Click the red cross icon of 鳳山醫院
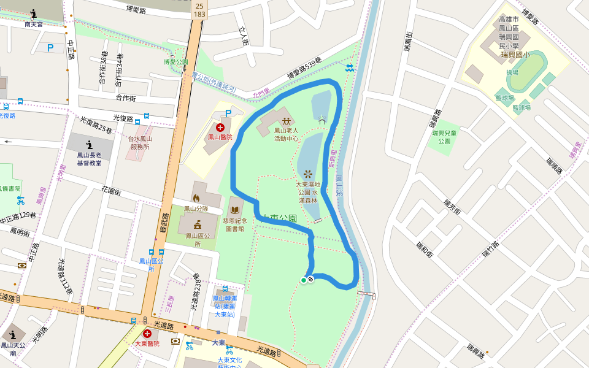220,128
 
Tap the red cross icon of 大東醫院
147,334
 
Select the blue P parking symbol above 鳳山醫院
228,113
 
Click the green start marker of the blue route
303,280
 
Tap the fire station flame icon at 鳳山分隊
196,198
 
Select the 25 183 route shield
199,9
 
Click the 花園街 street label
110,192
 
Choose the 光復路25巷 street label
96,126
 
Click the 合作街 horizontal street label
125,98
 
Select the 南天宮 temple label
34,25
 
